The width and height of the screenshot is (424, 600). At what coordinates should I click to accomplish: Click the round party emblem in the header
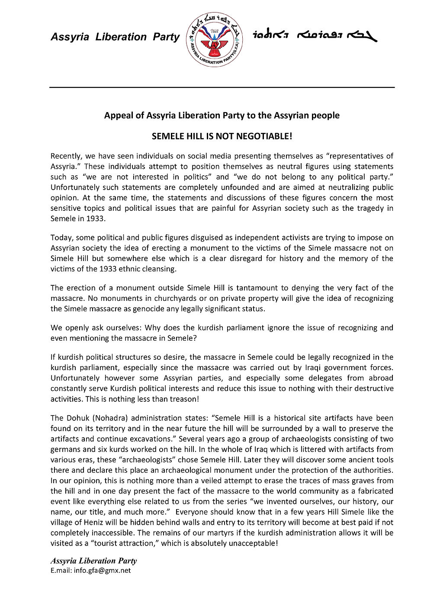(214, 39)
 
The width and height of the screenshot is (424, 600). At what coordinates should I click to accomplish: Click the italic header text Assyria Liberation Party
(115, 37)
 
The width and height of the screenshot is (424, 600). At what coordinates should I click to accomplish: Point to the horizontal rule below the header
(222, 87)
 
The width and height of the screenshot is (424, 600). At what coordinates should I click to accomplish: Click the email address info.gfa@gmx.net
(102, 570)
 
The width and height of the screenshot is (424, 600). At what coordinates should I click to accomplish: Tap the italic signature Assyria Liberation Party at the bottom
(93, 561)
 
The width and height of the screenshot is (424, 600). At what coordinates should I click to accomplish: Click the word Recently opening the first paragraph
(66, 156)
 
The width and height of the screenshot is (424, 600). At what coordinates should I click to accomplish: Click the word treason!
(185, 399)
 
